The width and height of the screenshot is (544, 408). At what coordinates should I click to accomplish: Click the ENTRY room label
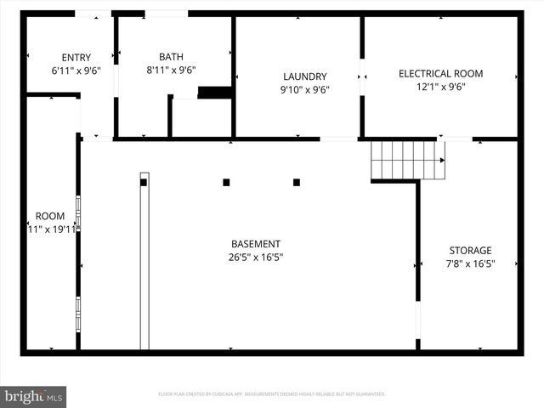point(76,58)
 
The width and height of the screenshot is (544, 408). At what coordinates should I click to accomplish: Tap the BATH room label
point(171,58)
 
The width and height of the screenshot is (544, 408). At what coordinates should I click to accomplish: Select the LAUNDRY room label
point(304,76)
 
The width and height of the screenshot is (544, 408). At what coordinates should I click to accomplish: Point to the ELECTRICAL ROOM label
point(440,74)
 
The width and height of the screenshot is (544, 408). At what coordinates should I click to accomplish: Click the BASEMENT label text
point(255,244)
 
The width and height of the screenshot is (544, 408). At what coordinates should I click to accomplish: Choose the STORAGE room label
point(470,250)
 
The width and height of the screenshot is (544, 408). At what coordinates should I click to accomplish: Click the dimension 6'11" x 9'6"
point(76,71)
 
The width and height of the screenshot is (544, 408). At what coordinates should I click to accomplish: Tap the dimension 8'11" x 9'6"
point(171,71)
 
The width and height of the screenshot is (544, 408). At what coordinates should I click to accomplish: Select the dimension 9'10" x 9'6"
point(304,89)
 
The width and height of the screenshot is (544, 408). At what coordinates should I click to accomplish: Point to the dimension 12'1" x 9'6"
point(440,87)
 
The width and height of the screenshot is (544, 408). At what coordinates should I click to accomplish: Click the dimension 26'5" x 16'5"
point(255,257)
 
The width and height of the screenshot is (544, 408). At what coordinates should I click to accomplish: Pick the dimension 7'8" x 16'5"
point(470,263)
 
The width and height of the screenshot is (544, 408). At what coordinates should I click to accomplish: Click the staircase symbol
point(407,160)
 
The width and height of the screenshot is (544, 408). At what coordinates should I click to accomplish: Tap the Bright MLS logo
point(34,396)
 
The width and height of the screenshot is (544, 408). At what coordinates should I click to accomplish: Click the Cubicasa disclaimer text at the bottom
point(272,394)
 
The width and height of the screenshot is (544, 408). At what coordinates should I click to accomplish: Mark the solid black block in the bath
point(215,92)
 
